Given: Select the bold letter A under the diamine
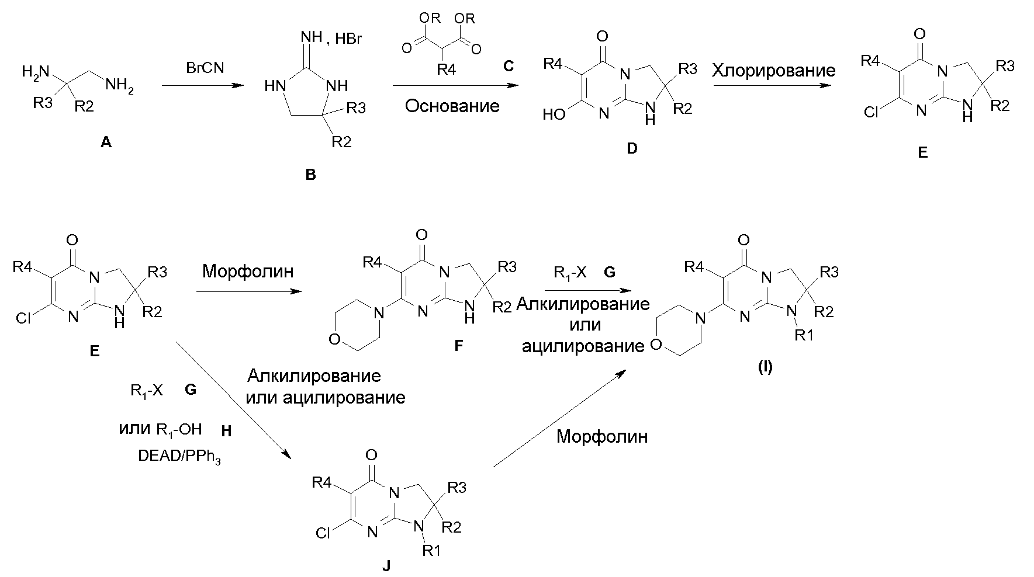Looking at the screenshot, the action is click(x=106, y=141).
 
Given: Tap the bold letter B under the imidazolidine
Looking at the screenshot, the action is click(x=310, y=175).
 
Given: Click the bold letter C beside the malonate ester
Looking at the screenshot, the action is click(x=508, y=65).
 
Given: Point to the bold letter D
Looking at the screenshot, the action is click(x=632, y=148).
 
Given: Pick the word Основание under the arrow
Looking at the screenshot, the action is click(x=453, y=106).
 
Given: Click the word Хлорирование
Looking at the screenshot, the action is click(x=773, y=71).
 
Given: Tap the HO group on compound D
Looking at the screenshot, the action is click(x=554, y=114).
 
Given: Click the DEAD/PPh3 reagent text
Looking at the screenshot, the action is click(x=180, y=457).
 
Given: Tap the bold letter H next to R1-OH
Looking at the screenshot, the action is click(x=227, y=431).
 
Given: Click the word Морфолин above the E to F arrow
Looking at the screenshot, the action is click(x=248, y=271).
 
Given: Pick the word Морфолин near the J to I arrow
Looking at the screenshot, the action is click(x=602, y=436).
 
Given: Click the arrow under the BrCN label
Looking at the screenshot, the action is click(x=202, y=85).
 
